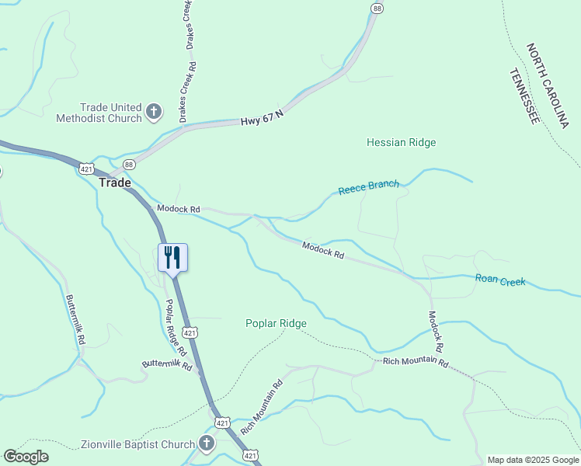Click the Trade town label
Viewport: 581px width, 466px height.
tap(115, 183)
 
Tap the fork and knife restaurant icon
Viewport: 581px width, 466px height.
tap(172, 257)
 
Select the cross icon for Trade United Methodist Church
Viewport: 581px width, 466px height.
tap(153, 112)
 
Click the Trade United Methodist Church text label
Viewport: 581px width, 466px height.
tap(99, 113)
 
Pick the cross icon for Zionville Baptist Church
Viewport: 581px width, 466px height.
tap(206, 444)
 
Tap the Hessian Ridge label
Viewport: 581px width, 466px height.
tap(401, 142)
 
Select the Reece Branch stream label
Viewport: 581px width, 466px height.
tap(368, 187)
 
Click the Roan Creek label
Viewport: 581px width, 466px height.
tap(500, 280)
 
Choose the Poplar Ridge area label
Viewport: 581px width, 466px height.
tap(276, 323)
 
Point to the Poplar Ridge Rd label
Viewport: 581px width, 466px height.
tap(174, 322)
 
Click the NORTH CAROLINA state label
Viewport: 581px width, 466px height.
tap(548, 85)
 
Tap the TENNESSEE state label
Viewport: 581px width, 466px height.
tap(524, 96)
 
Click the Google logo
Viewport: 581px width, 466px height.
tap(26, 457)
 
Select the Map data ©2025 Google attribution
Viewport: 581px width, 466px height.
tap(533, 460)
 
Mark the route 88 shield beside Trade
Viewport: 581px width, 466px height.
tap(129, 164)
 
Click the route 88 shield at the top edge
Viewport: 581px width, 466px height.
tap(377, 8)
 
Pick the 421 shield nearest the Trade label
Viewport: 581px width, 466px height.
tap(86, 167)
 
